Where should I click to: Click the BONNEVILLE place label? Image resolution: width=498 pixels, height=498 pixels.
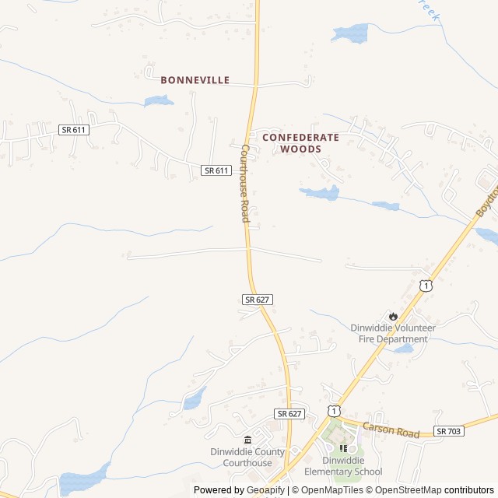(195, 80)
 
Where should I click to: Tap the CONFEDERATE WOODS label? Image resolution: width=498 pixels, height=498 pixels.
(300, 142)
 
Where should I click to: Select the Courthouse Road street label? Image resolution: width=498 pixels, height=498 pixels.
(244, 184)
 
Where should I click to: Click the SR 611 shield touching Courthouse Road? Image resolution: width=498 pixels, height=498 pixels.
(216, 170)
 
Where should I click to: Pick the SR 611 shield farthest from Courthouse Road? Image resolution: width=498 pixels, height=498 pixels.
(74, 130)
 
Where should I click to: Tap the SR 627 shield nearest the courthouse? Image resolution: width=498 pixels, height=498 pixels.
(288, 413)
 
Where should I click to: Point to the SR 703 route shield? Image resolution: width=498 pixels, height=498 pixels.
(449, 431)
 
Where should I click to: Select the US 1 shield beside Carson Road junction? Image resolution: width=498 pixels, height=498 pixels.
(333, 410)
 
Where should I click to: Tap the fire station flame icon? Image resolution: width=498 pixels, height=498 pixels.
(393, 316)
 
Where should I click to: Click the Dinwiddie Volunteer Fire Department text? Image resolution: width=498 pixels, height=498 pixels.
(393, 333)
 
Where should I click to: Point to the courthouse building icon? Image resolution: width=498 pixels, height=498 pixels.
(247, 440)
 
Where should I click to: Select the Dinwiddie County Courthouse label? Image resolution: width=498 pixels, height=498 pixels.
(247, 458)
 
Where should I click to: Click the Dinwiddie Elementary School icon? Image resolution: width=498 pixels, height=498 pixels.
(343, 447)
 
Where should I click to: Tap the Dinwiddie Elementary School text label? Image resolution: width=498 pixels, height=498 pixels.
(343, 466)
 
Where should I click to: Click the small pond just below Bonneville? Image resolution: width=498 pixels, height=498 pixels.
(159, 101)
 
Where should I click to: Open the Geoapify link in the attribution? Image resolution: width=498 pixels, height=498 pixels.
(266, 490)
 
